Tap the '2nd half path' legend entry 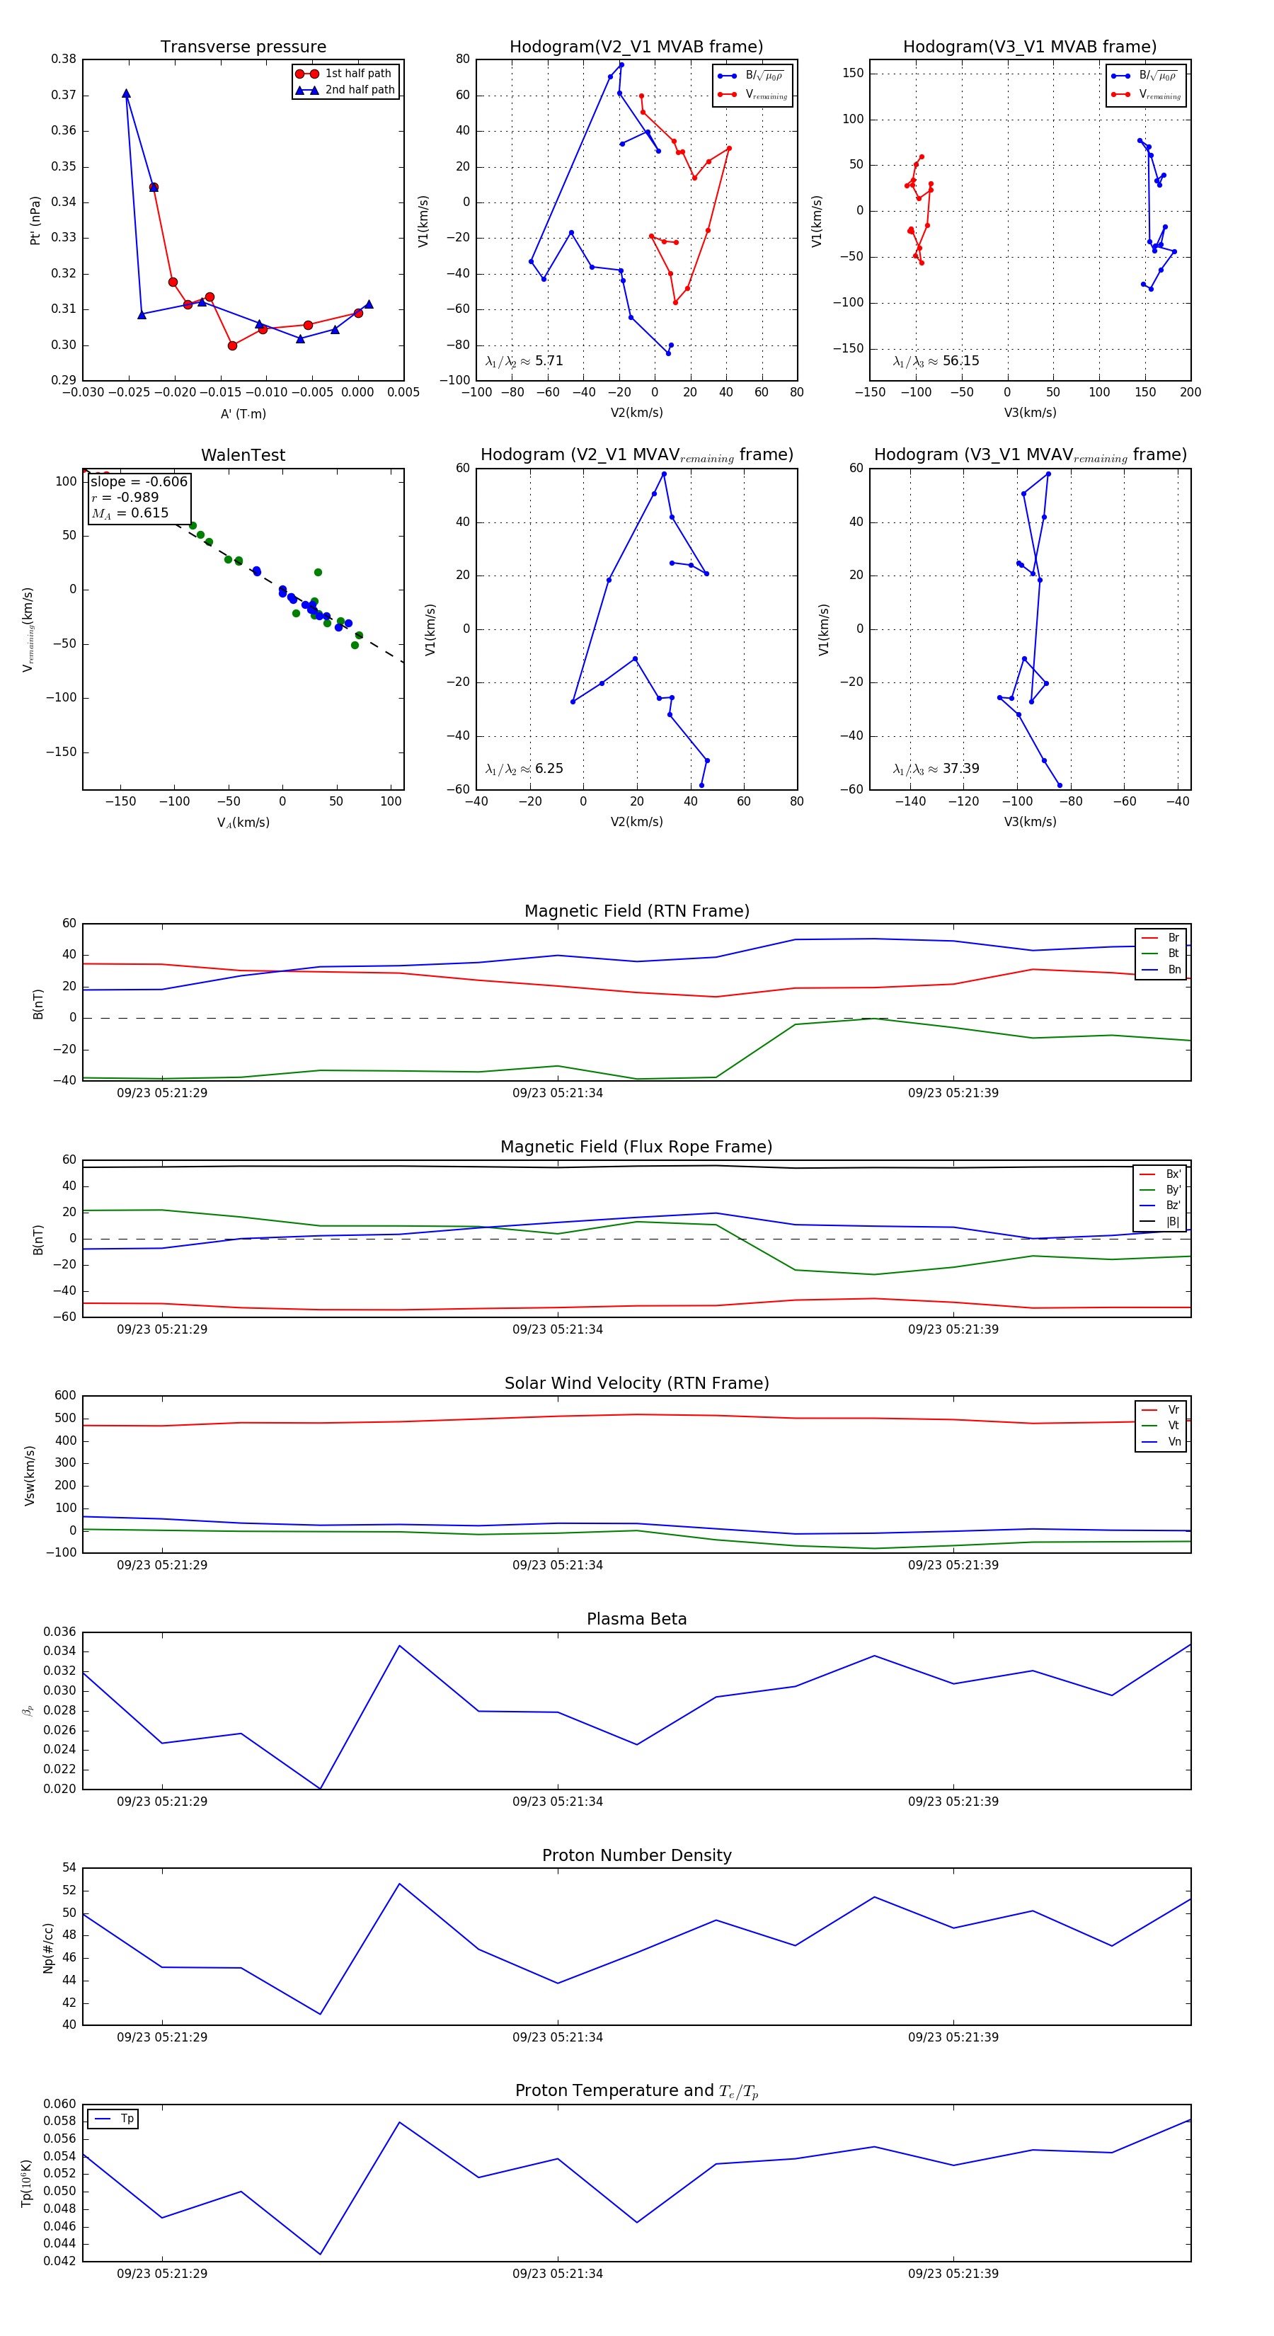pyautogui.click(x=359, y=90)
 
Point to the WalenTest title pyautogui.click(x=243, y=455)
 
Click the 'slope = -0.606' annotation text pyautogui.click(x=139, y=481)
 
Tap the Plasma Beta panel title pyautogui.click(x=636, y=1619)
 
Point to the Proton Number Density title pyautogui.click(x=636, y=1855)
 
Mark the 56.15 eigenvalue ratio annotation pyautogui.click(x=936, y=361)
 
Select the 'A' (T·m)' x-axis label pyautogui.click(x=243, y=413)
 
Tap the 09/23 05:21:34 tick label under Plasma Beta pyautogui.click(x=557, y=1802)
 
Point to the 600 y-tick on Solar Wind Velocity pyautogui.click(x=65, y=1396)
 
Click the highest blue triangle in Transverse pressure pyautogui.click(x=126, y=93)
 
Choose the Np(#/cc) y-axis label pyautogui.click(x=48, y=1948)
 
